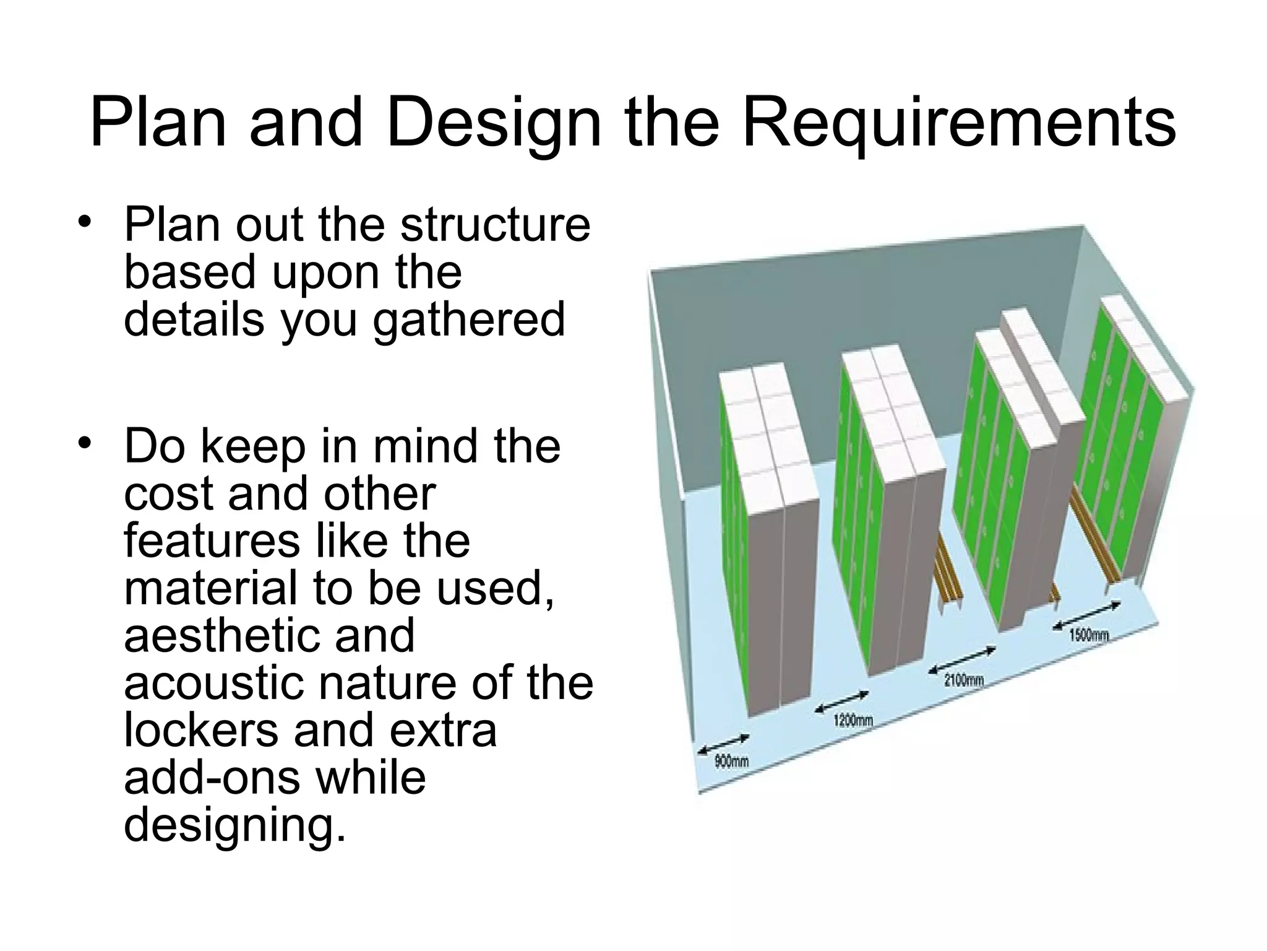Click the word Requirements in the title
coord(958,122)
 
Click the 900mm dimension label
coord(731,761)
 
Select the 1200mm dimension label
coord(853,720)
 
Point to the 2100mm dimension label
coord(964,680)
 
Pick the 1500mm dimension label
coord(1089,635)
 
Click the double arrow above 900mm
coord(723,744)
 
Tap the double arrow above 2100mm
coord(962,660)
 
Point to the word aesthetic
coord(269,636)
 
